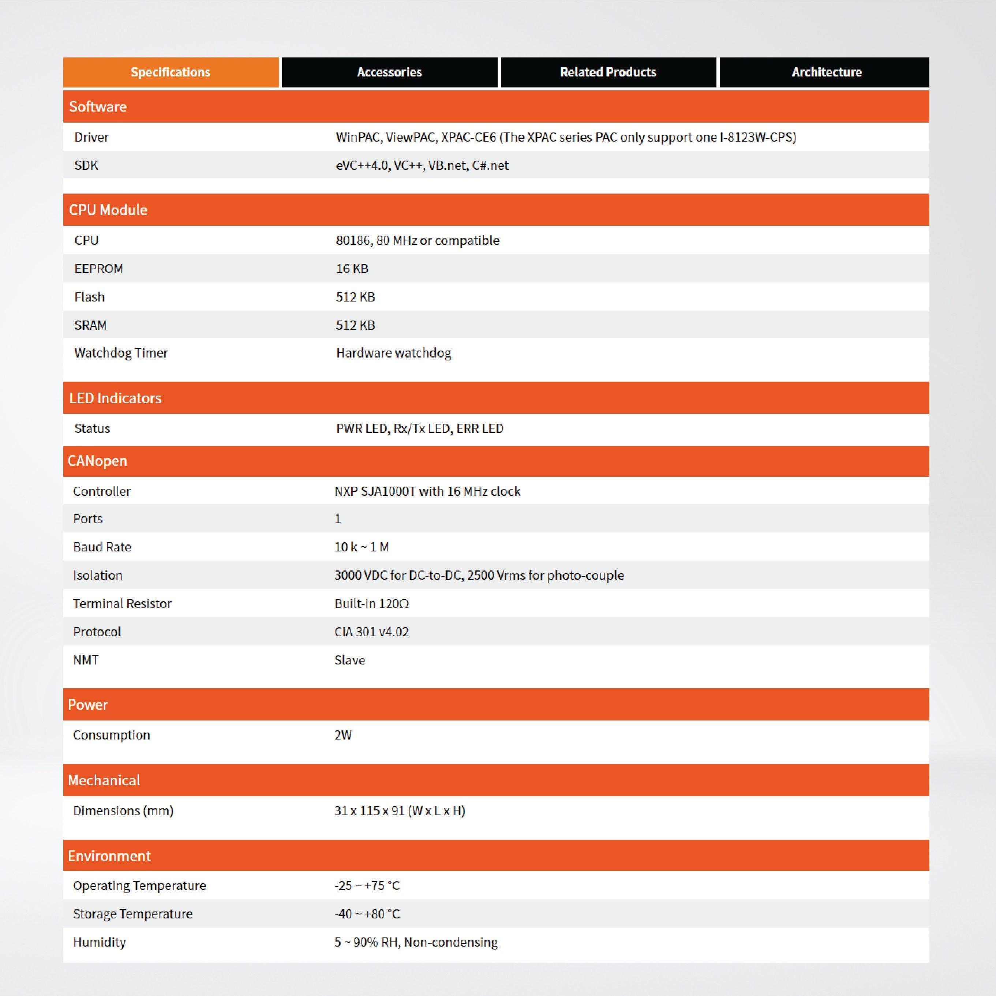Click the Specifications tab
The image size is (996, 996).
point(171,72)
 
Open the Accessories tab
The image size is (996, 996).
point(389,72)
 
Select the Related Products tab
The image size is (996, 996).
point(608,72)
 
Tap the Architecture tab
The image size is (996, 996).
point(826,72)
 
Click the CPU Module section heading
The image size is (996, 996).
point(108,210)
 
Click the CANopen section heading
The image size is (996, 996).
point(97,461)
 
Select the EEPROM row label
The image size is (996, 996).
point(98,269)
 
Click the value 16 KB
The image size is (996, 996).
point(352,269)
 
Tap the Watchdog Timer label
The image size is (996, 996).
point(121,353)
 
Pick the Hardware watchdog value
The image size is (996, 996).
point(393,353)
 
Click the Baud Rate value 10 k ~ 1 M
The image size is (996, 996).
point(362,547)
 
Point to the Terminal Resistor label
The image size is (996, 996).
point(122,604)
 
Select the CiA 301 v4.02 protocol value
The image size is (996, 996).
point(371,632)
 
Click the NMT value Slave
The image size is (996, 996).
point(349,660)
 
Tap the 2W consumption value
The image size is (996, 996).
point(343,735)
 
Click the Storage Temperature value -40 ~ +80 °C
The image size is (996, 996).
point(367,914)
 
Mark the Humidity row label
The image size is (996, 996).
point(100,942)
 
